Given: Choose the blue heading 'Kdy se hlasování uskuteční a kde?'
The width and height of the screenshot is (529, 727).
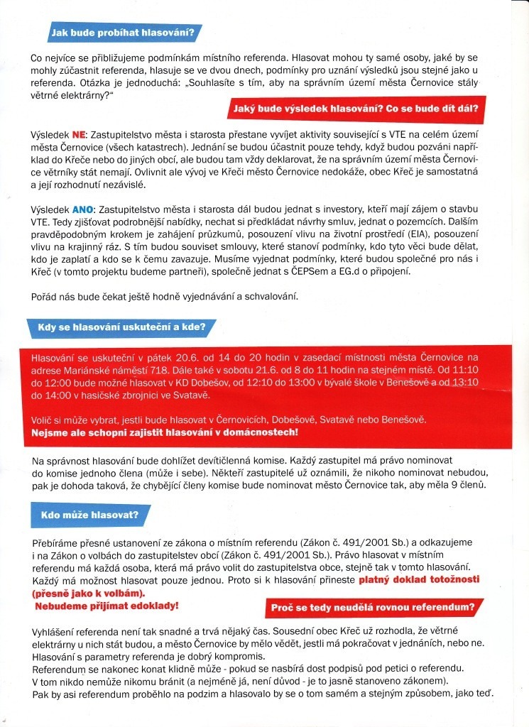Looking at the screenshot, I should (x=117, y=327).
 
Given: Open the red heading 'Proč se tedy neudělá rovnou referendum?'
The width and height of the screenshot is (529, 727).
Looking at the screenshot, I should (x=373, y=608).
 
